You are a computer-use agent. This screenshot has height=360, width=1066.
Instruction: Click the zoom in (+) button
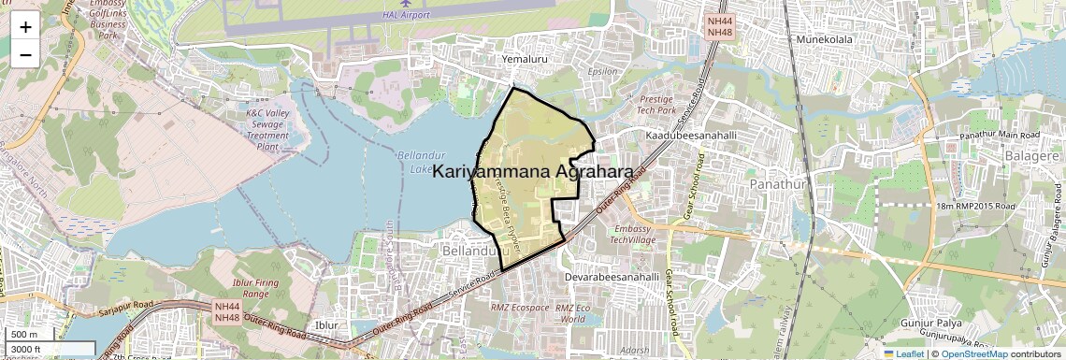click(25, 27)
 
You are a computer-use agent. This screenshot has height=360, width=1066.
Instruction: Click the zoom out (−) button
click(25, 54)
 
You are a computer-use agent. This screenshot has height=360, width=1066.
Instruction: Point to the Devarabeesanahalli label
click(613, 278)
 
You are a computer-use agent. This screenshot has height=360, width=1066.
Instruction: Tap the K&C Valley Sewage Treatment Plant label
click(267, 129)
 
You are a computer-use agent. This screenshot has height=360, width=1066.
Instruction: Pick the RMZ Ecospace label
click(521, 307)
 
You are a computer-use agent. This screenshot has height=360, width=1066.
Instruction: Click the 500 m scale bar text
click(24, 335)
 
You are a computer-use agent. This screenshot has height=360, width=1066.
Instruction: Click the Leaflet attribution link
click(904, 354)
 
